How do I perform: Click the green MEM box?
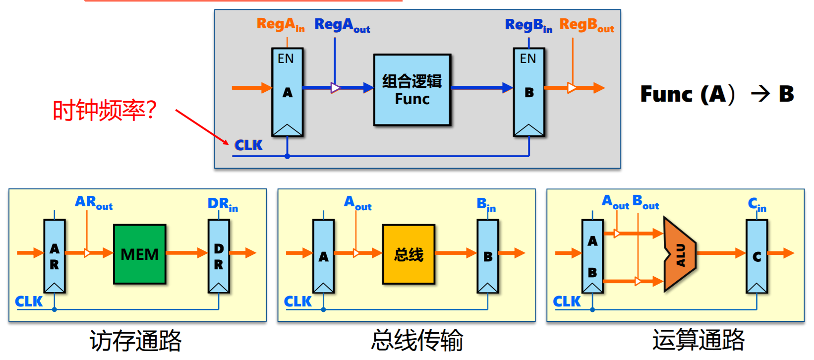pyautogui.click(x=139, y=254)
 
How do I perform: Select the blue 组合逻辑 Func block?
pyautogui.click(x=412, y=90)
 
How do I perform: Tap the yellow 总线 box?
pyautogui.click(x=408, y=254)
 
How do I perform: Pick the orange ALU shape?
pyautogui.click(x=679, y=254)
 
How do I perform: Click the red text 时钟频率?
pyautogui.click(x=105, y=110)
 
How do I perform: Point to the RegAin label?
pyautogui.click(x=280, y=24)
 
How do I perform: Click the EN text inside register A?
pyautogui.click(x=286, y=59)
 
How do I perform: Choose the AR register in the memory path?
pyautogui.click(x=55, y=256)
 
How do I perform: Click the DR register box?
pyautogui.click(x=219, y=256)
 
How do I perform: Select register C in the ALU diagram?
pyautogui.click(x=756, y=256)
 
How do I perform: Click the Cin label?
pyautogui.click(x=757, y=204)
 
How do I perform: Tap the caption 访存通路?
pyautogui.click(x=135, y=341)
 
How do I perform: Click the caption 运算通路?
pyautogui.click(x=698, y=340)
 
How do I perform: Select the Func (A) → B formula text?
pyautogui.click(x=717, y=94)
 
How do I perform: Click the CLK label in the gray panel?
pyautogui.click(x=248, y=145)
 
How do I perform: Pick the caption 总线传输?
pyautogui.click(x=417, y=341)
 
